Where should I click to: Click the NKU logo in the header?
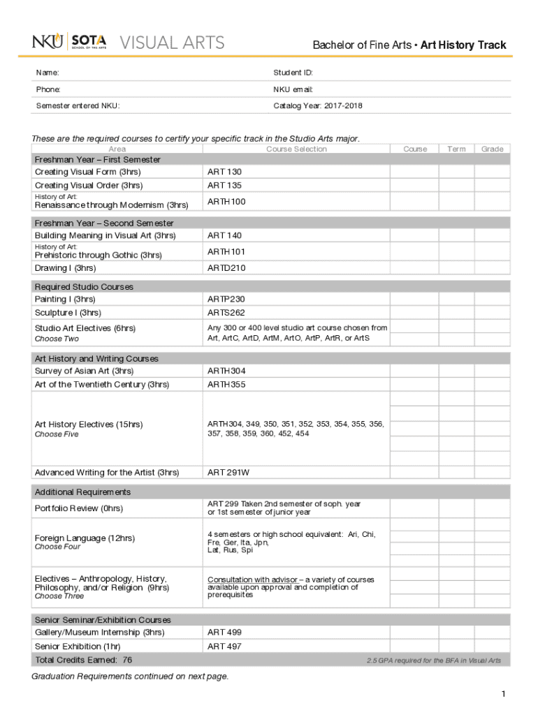tap(48, 43)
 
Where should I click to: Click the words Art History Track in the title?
tap(463, 45)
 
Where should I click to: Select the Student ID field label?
tap(293, 73)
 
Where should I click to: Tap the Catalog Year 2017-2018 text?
tap(318, 106)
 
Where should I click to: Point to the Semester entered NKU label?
tap(77, 106)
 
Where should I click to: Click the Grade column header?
tap(492, 149)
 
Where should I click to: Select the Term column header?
tap(456, 149)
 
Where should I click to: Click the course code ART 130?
tap(224, 172)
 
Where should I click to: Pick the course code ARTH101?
tap(226, 251)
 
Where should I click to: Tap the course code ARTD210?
tap(226, 268)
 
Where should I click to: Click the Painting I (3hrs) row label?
tap(65, 299)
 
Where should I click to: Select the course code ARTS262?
tap(226, 313)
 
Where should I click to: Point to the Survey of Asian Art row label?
tap(84, 371)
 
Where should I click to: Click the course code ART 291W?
tap(228, 473)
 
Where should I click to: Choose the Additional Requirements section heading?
tap(82, 492)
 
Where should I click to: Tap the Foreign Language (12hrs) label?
tap(85, 538)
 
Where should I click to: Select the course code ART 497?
tap(224, 647)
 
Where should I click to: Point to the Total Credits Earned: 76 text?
tap(83, 660)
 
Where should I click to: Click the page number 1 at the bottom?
tap(502, 693)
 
